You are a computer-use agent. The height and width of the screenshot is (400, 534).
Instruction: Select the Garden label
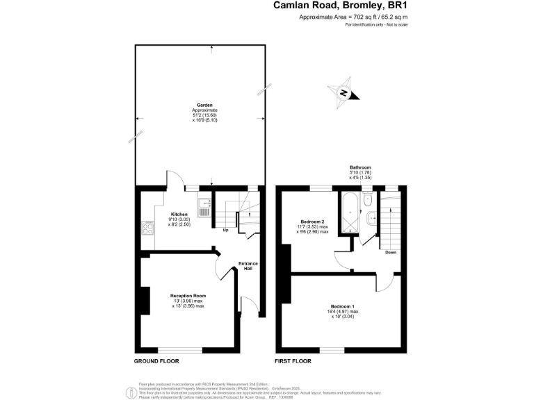pyautogui.click(x=204, y=106)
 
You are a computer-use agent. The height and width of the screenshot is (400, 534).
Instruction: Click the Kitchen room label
pyautogui.click(x=179, y=215)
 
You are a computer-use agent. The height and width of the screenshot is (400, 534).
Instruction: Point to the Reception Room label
pyautogui.click(x=188, y=296)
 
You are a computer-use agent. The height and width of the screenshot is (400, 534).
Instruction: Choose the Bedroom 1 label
pyautogui.click(x=343, y=307)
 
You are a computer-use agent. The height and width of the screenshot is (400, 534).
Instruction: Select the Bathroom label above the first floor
pyautogui.click(x=360, y=167)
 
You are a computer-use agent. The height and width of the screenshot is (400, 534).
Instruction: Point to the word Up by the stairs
pyautogui.click(x=225, y=231)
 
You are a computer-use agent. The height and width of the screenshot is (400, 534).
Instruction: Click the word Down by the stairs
pyautogui.click(x=391, y=253)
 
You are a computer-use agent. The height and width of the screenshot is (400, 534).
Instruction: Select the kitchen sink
pyautogui.click(x=204, y=206)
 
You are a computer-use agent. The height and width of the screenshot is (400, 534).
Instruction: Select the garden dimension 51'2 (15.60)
pyautogui.click(x=204, y=115)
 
